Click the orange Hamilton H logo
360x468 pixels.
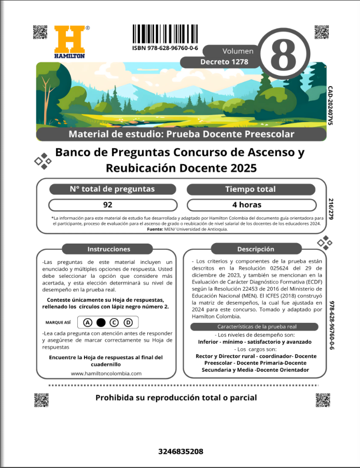70,39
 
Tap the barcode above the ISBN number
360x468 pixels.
165,35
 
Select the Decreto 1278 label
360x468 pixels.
224,62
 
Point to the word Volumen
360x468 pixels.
238,51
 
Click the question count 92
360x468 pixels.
108,205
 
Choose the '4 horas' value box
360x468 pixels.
251,205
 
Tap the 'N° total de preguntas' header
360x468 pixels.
112,189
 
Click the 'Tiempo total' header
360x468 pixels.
251,189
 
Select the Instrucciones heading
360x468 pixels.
109,249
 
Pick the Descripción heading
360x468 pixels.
255,249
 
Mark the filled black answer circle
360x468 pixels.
101,322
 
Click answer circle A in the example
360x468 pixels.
87,322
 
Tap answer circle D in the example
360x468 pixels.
128,322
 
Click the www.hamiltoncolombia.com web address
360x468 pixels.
106,373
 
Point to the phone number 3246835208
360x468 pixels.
181,452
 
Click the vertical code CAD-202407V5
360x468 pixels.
330,106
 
